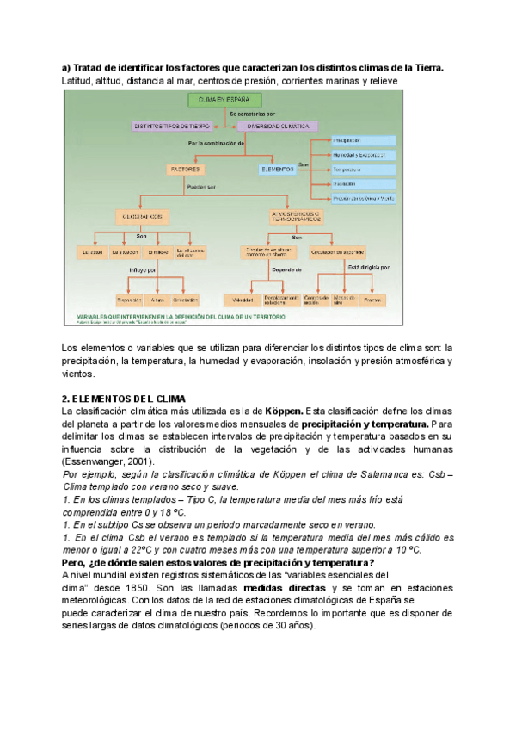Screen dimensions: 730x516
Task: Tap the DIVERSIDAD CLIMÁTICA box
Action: (x=278, y=126)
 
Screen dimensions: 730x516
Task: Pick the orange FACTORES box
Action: (x=185, y=169)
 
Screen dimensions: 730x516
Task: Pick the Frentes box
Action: (x=372, y=300)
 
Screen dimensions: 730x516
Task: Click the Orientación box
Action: (x=185, y=300)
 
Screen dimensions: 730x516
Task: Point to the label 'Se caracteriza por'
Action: (x=251, y=114)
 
